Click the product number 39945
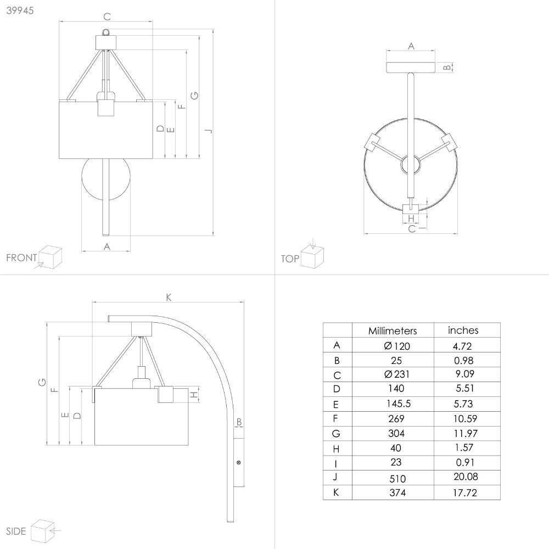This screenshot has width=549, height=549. click(20, 10)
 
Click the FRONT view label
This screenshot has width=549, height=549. click(21, 257)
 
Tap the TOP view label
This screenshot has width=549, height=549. click(290, 259)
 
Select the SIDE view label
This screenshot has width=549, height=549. click(16, 531)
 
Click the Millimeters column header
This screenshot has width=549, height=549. click(393, 331)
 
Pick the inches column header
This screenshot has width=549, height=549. click(463, 330)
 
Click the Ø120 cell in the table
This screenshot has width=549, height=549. click(397, 346)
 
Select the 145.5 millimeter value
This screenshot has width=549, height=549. click(399, 404)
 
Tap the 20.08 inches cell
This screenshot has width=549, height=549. click(466, 477)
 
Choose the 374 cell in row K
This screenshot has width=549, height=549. click(397, 492)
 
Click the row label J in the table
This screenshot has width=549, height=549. click(335, 477)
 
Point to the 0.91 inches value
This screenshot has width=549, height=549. click(465, 462)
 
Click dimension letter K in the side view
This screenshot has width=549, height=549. click(169, 297)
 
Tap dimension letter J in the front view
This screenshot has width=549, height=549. click(209, 131)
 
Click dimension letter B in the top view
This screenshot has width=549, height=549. click(447, 67)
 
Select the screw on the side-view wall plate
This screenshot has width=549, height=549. click(239, 462)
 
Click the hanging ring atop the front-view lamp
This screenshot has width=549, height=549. click(106, 32)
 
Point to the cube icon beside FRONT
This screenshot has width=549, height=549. click(50, 257)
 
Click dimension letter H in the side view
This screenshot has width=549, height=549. click(194, 395)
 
